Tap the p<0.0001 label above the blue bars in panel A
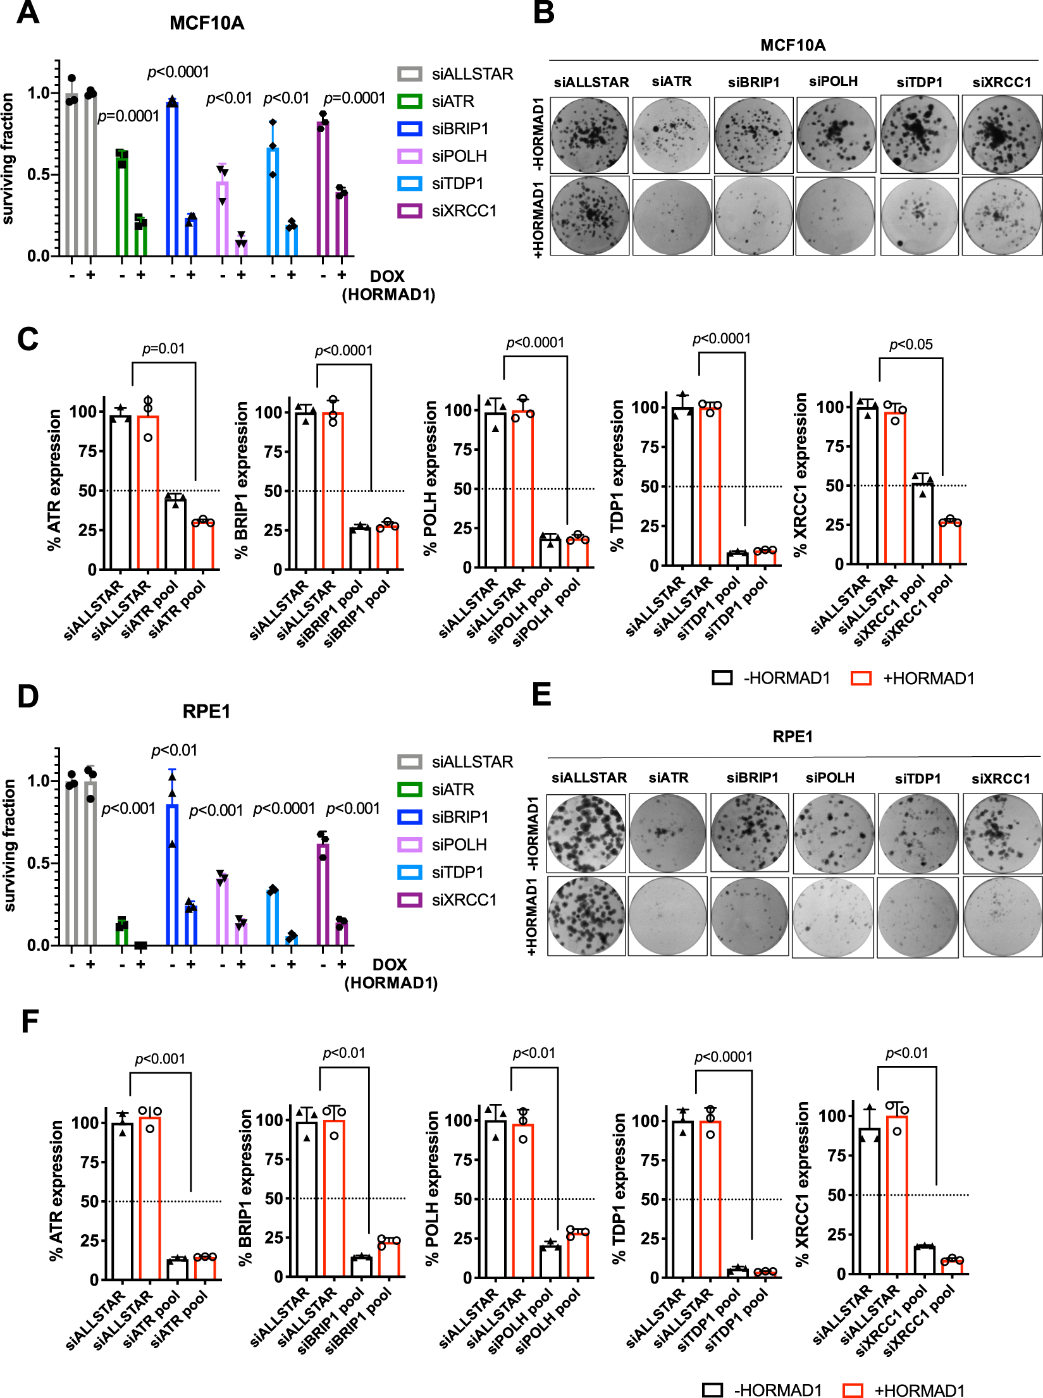click(178, 72)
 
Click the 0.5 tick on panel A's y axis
click(39, 175)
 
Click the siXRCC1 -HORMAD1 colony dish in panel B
click(1001, 135)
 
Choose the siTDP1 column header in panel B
click(919, 82)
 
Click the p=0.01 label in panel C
click(163, 348)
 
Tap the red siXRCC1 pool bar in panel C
click(950, 543)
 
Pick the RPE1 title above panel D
click(206, 711)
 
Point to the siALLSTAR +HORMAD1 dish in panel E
click(586, 916)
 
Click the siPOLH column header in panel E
click(830, 778)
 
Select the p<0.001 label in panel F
click(160, 1059)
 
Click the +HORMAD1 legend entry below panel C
click(914, 678)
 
